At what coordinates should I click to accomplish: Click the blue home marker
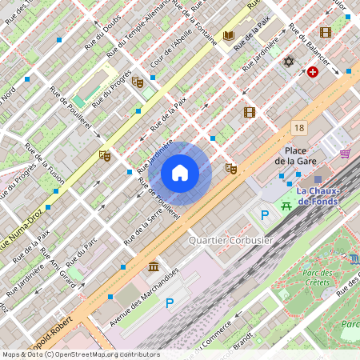tap(180, 173)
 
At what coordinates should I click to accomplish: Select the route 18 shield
tap(299, 128)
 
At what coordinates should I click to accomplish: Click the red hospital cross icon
tap(312, 72)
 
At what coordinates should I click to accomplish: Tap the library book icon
tap(229, 36)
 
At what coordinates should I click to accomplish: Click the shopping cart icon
tap(345, 154)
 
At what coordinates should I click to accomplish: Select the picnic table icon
tap(286, 206)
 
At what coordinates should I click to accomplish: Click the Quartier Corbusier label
tap(230, 240)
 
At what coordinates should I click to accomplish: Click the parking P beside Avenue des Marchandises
tap(169, 303)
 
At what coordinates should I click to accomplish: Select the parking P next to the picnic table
tap(264, 214)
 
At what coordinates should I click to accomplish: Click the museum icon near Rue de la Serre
tap(153, 266)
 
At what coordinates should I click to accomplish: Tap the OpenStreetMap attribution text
tap(80, 354)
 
